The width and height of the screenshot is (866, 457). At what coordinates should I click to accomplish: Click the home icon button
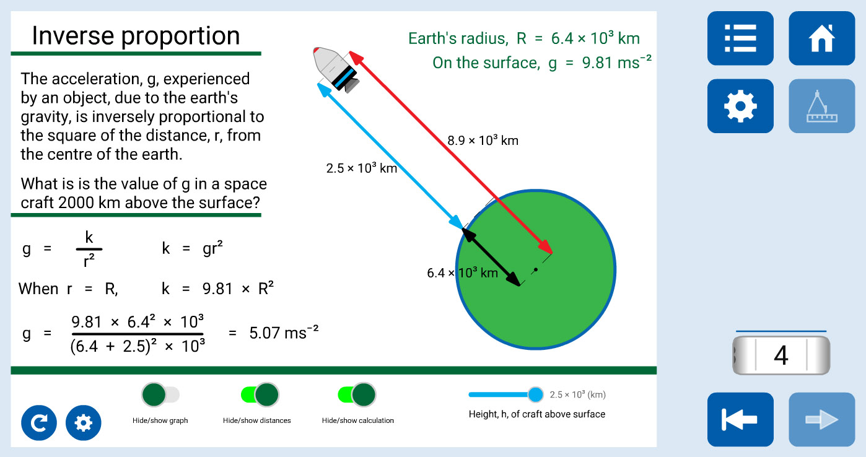[x=821, y=38]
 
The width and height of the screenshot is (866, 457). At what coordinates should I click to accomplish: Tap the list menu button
[x=740, y=38]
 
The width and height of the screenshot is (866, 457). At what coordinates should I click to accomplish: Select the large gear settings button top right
[x=740, y=106]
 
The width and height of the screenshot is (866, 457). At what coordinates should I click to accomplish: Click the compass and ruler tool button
[x=821, y=106]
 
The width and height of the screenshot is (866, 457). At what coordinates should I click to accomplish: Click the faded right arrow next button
[x=821, y=419]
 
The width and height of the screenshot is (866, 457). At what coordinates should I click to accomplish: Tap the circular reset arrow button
[x=38, y=422]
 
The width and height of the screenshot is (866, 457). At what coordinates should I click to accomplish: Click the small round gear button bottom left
[x=84, y=422]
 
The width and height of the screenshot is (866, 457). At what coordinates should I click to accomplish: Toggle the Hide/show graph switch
[x=160, y=394]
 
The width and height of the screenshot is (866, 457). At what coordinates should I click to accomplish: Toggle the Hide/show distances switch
[x=260, y=394]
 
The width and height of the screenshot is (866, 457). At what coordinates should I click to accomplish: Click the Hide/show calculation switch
[x=357, y=394]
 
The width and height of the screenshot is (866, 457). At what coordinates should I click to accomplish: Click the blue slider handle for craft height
[x=535, y=394]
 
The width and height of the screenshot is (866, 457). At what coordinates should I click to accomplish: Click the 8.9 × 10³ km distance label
[x=483, y=140]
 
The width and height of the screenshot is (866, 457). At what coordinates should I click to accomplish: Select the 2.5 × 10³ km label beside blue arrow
[x=362, y=168]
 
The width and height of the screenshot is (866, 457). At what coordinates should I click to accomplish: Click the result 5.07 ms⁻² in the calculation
[x=284, y=333]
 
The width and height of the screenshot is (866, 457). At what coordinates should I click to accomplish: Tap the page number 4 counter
[x=781, y=355]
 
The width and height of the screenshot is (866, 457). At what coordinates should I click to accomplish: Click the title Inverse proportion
[x=136, y=35]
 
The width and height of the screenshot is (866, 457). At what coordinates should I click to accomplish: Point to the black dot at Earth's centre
[x=535, y=270]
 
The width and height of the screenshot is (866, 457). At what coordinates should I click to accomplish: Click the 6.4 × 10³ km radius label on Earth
[x=462, y=272]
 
